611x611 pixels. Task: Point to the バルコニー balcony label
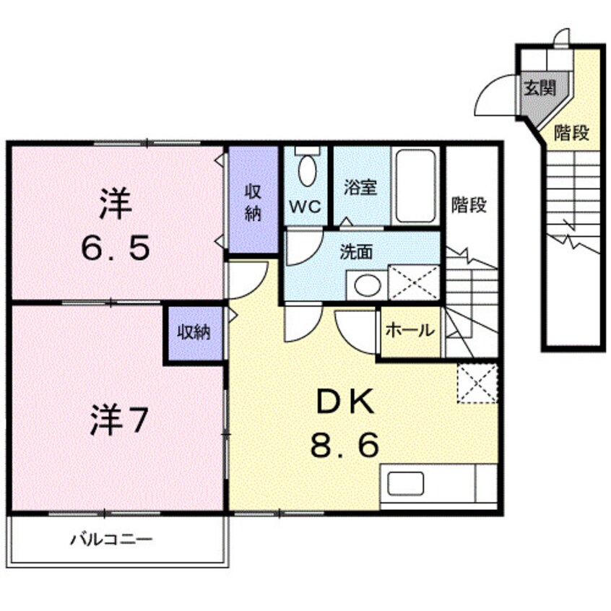click(x=111, y=539)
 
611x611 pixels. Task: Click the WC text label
click(x=305, y=207)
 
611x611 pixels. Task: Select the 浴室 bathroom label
click(x=360, y=188)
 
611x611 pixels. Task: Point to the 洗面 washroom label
click(x=356, y=252)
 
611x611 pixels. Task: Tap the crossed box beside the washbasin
click(x=414, y=282)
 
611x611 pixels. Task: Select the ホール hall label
click(x=410, y=331)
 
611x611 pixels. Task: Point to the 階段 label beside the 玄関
click(x=572, y=134)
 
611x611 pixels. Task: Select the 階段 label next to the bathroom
click(x=469, y=204)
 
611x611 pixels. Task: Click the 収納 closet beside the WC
click(x=253, y=203)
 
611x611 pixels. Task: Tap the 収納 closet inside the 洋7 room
click(x=194, y=332)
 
